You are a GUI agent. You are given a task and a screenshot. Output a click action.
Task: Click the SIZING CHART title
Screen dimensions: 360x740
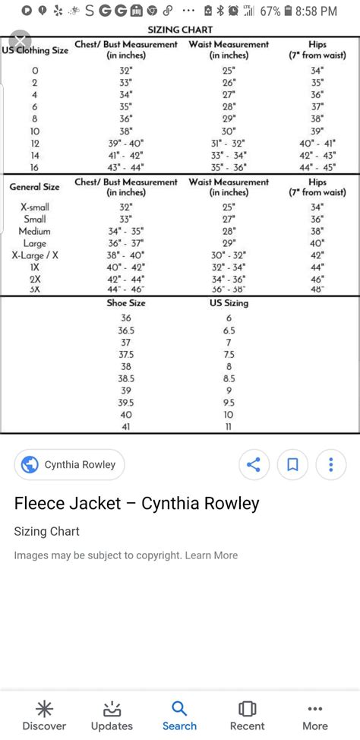pyautogui.click(x=180, y=30)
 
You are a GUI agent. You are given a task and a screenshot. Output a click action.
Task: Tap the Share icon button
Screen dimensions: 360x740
pyautogui.click(x=254, y=464)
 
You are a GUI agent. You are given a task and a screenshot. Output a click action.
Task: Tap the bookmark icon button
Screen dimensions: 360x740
pyautogui.click(x=292, y=464)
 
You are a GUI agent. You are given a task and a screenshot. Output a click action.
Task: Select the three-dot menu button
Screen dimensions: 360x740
pyautogui.click(x=331, y=464)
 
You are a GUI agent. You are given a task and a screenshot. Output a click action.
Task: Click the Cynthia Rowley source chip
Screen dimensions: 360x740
pyautogui.click(x=69, y=464)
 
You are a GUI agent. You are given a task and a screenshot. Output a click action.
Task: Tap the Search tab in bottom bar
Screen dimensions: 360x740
pyautogui.click(x=179, y=716)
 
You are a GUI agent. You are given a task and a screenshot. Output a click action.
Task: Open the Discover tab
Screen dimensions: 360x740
pyautogui.click(x=44, y=716)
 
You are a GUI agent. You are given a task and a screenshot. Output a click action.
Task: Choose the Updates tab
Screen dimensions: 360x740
pyautogui.click(x=112, y=716)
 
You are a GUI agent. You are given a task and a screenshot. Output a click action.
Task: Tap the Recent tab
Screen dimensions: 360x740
pyautogui.click(x=247, y=716)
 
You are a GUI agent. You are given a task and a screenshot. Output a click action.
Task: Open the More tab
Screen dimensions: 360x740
pyautogui.click(x=315, y=716)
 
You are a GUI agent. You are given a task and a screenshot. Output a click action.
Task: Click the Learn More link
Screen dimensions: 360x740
pyautogui.click(x=212, y=555)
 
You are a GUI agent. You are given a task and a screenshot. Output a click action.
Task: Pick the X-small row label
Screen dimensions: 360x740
pyautogui.click(x=35, y=207)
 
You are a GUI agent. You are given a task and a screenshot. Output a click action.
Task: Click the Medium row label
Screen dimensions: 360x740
pyautogui.click(x=35, y=231)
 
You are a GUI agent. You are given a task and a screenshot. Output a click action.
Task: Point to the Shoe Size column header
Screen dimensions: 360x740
pyautogui.click(x=126, y=303)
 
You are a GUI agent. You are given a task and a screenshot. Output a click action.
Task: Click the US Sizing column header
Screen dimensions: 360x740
pyautogui.click(x=229, y=303)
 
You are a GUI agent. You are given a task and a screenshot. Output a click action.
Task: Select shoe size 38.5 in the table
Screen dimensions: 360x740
pyautogui.click(x=126, y=378)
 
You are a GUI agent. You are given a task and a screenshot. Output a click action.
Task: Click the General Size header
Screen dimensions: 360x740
pyautogui.click(x=35, y=187)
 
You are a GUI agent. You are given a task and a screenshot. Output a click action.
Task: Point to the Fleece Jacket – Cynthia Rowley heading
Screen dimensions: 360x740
pyautogui.click(x=137, y=503)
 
